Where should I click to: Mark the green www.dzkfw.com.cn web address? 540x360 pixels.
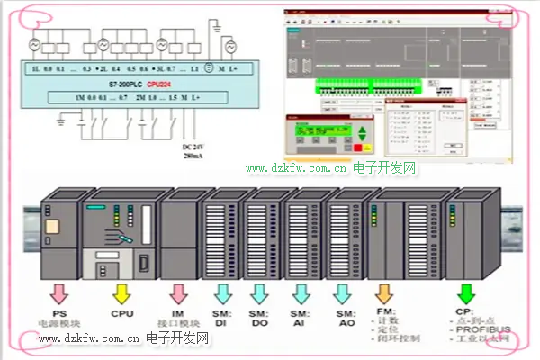point(296,168)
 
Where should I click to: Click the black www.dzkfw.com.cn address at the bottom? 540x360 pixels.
point(88,339)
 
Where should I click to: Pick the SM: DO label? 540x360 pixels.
point(262,317)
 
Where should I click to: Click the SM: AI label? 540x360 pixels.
point(301,317)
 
